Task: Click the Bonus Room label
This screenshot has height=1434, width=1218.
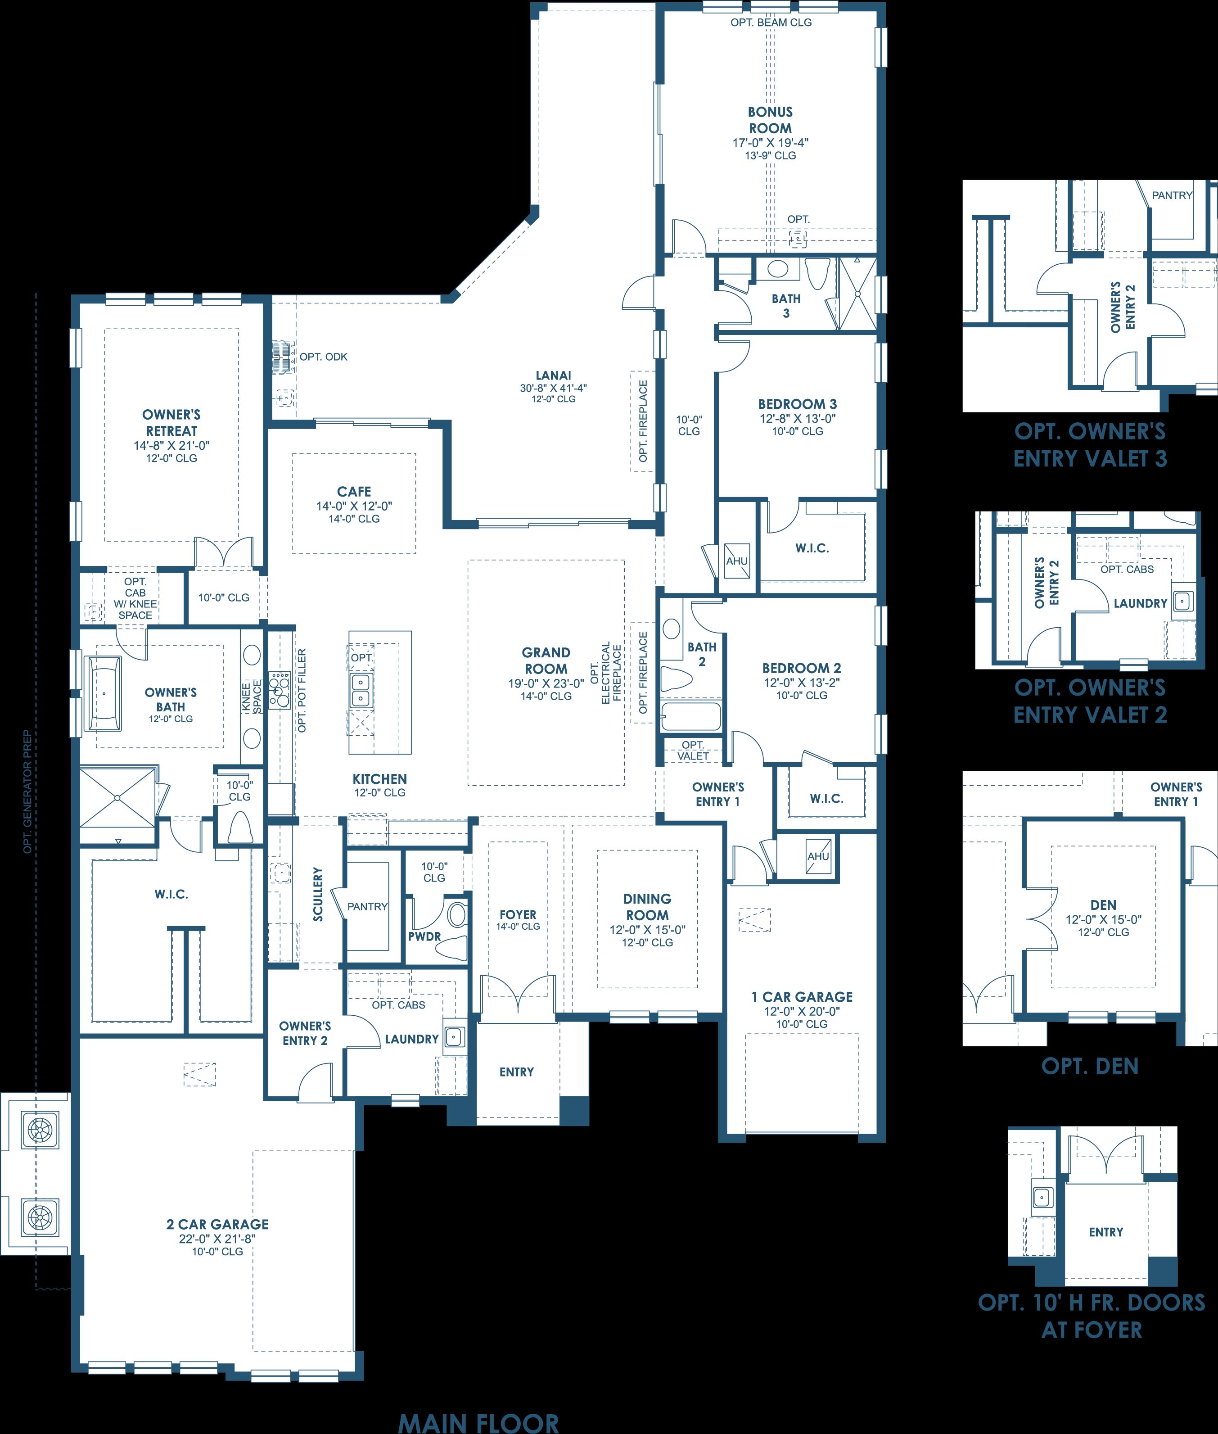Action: pyautogui.click(x=771, y=119)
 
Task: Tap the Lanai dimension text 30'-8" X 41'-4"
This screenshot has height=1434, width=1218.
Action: pyautogui.click(x=554, y=388)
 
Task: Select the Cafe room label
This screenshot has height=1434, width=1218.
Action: pyautogui.click(x=354, y=491)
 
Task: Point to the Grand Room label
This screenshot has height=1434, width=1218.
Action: pyautogui.click(x=546, y=660)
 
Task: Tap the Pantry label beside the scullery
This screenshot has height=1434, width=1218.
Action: pyautogui.click(x=367, y=906)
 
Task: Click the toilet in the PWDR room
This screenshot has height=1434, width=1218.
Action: pyautogui.click(x=454, y=947)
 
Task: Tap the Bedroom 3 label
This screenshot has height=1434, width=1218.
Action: pyautogui.click(x=798, y=404)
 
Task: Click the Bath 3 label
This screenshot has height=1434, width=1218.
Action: pyautogui.click(x=786, y=305)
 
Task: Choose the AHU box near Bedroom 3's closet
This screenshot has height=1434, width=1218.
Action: pyautogui.click(x=737, y=560)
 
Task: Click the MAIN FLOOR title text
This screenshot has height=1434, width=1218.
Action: pyautogui.click(x=478, y=1423)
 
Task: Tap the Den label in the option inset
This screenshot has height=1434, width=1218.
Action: pyautogui.click(x=1103, y=905)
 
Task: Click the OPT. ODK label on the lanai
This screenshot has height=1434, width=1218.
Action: pyautogui.click(x=323, y=357)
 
